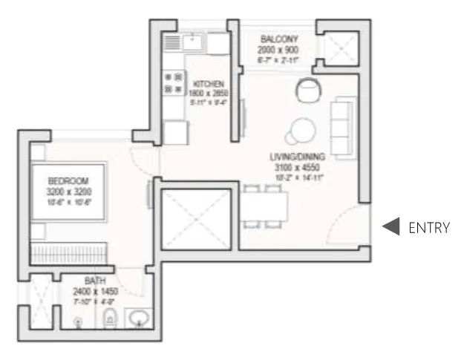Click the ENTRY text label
pyautogui.click(x=429, y=228)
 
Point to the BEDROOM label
pyautogui.click(x=68, y=180)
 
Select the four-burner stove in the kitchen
pyautogui.click(x=173, y=83)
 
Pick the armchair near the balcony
pyautogui.click(x=307, y=91)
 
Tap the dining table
pyautogui.click(x=263, y=204)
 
